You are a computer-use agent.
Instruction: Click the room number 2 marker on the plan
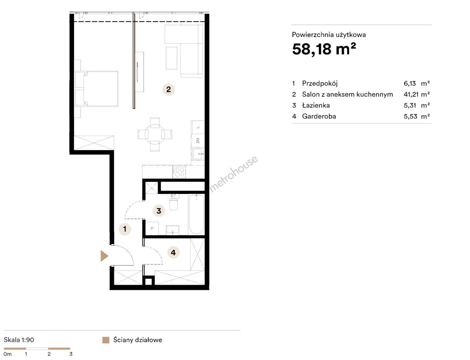point(169,89)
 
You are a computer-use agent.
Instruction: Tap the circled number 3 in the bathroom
point(159,211)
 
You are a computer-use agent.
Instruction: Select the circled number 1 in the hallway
point(125,229)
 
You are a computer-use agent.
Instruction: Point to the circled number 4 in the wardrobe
point(173,252)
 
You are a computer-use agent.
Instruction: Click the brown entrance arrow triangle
point(104,256)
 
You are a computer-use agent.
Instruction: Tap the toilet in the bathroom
point(174,203)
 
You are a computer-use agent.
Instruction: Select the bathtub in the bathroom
point(196,214)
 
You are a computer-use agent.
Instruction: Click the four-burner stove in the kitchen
point(179,172)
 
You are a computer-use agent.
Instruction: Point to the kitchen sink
point(198,154)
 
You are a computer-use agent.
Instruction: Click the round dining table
point(155,134)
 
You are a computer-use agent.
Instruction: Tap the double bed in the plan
point(100,89)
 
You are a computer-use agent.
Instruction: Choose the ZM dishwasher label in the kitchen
point(198,141)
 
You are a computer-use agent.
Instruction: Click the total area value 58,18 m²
point(324,49)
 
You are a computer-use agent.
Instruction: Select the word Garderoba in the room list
point(319,116)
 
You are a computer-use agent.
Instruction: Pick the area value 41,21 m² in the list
point(416,94)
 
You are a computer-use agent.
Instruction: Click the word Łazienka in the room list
point(316,105)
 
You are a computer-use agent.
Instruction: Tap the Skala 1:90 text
point(19,340)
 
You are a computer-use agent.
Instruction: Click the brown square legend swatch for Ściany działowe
point(106,340)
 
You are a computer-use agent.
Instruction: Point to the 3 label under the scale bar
point(71,354)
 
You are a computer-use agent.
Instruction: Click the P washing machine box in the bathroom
point(152,228)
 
